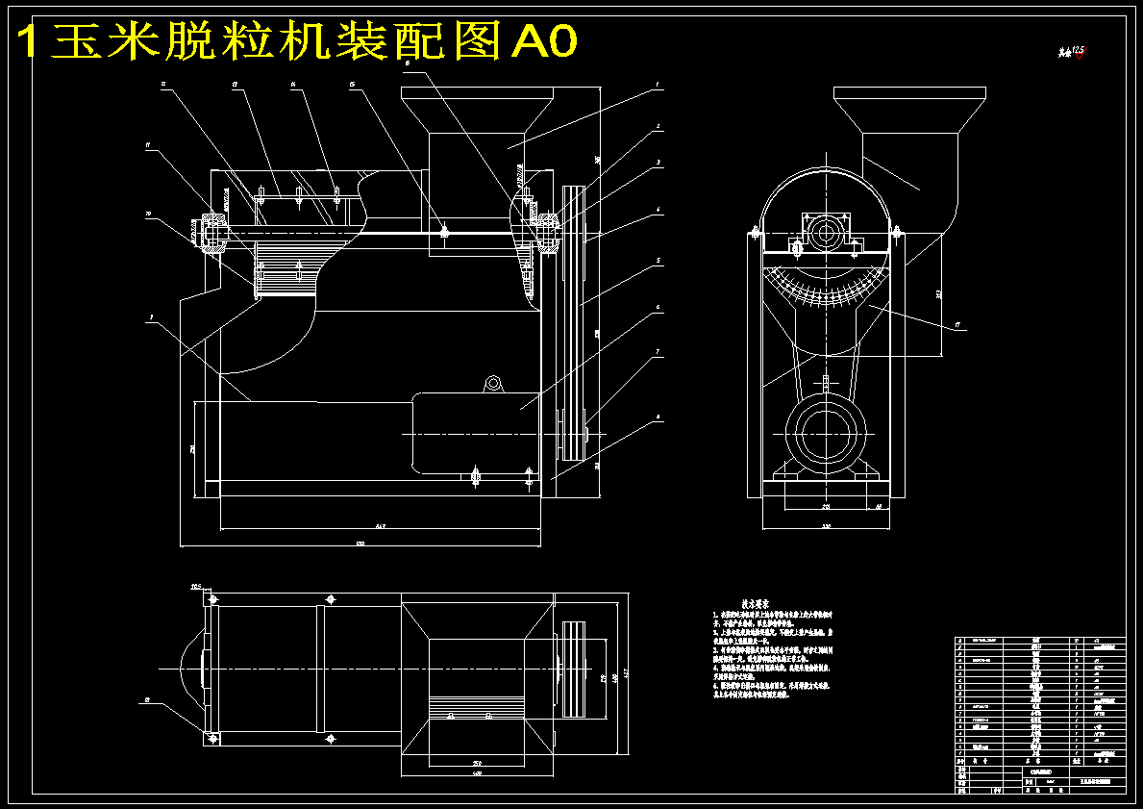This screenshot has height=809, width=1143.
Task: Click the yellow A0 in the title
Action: [544, 40]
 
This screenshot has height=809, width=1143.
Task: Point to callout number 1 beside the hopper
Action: [658, 85]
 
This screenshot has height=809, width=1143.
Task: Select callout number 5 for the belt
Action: [658, 260]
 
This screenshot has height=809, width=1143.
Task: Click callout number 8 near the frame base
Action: [658, 417]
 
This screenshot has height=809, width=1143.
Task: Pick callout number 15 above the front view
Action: [353, 85]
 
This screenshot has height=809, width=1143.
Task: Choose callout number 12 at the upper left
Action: [163, 85]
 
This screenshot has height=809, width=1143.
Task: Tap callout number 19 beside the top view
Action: [147, 701]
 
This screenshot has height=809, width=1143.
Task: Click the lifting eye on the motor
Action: [494, 384]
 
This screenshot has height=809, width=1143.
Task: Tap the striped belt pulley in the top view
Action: [573, 669]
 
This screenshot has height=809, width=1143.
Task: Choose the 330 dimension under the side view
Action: [825, 527]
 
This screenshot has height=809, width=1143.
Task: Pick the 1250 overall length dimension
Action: [360, 545]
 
